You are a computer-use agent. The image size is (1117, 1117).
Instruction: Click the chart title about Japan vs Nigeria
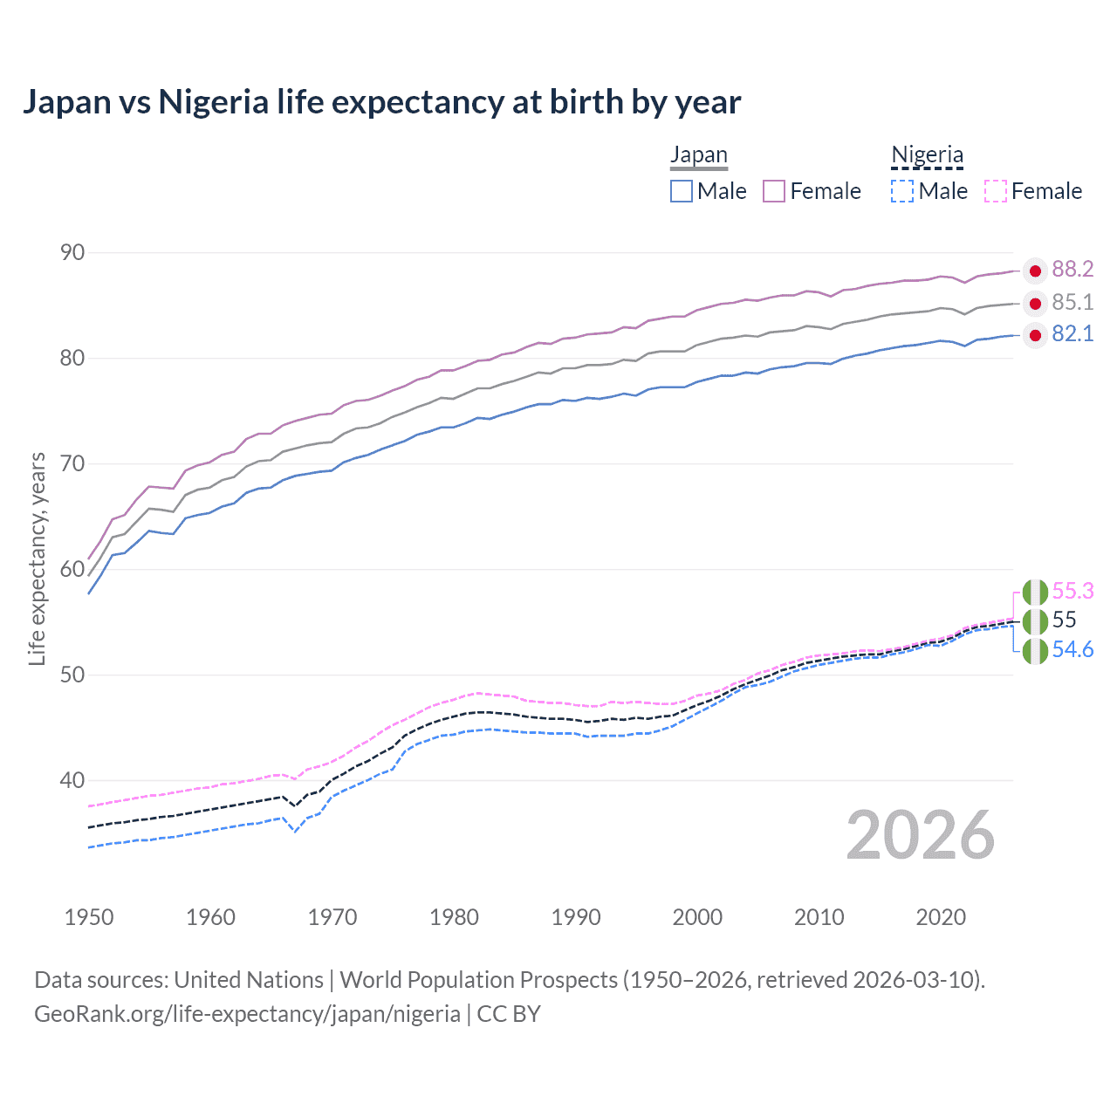(381, 102)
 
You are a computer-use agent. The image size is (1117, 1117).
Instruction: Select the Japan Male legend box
(682, 191)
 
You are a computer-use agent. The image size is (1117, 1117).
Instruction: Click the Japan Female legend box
(774, 191)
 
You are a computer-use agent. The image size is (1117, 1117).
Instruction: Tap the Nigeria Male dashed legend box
(902, 191)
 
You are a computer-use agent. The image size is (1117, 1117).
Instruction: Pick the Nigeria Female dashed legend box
(995, 191)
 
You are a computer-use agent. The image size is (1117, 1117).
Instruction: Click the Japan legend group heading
(699, 155)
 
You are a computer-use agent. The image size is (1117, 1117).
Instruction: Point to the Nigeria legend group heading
(927, 155)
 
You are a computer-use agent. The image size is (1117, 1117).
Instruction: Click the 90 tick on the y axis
(72, 253)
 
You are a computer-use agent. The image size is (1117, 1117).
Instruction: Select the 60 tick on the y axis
(72, 570)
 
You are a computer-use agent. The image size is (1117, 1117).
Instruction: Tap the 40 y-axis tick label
(72, 781)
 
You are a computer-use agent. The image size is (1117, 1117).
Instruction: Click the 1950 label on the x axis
(89, 917)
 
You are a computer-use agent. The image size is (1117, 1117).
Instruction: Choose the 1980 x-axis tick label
(454, 917)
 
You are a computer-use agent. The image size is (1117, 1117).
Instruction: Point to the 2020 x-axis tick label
(941, 917)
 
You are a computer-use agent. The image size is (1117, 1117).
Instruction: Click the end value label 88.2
(1072, 270)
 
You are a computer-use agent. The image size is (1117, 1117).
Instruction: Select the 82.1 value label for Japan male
(1072, 334)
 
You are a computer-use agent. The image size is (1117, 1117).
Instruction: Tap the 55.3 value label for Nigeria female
(1072, 592)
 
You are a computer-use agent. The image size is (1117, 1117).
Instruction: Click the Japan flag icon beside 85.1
(1035, 304)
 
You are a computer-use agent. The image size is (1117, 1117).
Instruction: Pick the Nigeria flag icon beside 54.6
(1035, 651)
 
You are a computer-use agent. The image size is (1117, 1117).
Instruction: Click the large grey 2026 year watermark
(920, 836)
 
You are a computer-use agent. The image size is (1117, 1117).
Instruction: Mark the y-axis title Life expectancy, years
(38, 558)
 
